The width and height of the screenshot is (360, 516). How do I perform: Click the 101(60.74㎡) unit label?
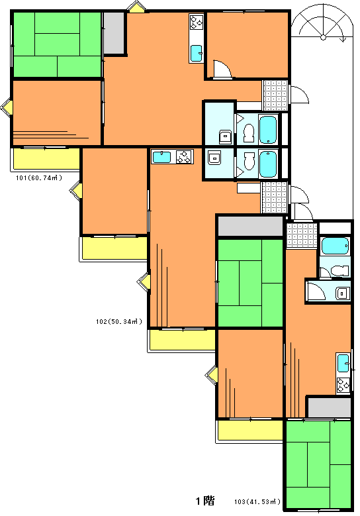point(39,178)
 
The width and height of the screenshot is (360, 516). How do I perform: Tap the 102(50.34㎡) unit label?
point(119,321)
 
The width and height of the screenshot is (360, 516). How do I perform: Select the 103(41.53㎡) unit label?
point(257,502)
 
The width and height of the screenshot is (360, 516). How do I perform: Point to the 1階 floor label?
point(205,501)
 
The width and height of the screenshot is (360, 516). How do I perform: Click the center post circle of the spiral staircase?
point(323,37)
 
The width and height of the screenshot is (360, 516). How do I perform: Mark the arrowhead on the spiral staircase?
point(344,40)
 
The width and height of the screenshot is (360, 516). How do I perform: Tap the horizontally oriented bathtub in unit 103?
point(335,246)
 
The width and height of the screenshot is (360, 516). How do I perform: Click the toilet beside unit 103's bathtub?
point(339,271)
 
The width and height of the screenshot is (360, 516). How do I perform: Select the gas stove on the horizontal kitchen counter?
point(183,156)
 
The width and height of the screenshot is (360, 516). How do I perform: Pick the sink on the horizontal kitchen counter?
point(161,156)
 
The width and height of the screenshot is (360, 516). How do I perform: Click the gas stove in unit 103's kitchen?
point(343,384)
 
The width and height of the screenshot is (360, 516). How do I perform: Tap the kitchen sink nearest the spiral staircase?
point(197,53)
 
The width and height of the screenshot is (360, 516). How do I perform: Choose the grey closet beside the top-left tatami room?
point(114,33)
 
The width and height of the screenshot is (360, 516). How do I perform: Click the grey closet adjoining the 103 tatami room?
point(330,408)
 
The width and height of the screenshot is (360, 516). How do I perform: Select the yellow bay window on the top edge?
point(137,7)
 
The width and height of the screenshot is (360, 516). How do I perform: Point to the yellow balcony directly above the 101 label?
point(46,158)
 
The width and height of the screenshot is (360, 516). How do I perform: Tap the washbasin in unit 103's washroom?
point(342,293)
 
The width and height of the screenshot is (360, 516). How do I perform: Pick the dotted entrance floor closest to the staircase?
point(275,95)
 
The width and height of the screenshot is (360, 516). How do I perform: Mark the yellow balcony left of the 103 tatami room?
point(250,430)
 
